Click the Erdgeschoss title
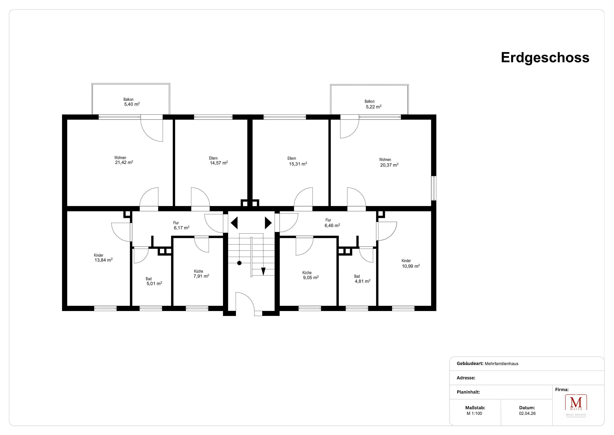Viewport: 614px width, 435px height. tap(545, 58)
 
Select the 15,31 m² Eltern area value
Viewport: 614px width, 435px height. tap(298, 164)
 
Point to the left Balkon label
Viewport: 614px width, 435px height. tap(128, 99)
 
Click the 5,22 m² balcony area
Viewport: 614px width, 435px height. tap(374, 107)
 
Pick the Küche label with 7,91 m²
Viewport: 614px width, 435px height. tap(198, 271)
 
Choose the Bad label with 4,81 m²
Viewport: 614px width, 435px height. tap(357, 276)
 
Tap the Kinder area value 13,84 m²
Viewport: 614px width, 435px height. tap(103, 260)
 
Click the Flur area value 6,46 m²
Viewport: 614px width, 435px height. tap(332, 225)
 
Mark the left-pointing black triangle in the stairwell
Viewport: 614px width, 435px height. tap(235, 223)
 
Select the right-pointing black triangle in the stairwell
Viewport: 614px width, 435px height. tap(268, 223)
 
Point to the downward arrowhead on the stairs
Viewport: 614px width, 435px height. tap(263, 271)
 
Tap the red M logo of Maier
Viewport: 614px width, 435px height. tap(576, 402)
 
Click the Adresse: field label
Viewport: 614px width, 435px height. tap(466, 378)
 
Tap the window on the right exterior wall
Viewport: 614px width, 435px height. tap(434, 188)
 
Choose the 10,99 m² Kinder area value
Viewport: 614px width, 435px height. tap(411, 266)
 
